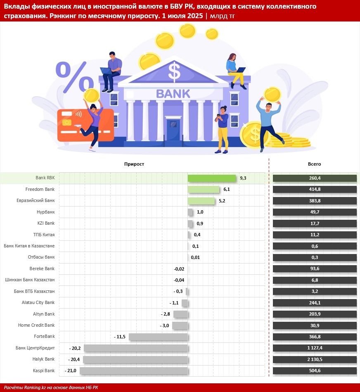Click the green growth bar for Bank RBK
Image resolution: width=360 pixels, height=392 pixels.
coord(212,178)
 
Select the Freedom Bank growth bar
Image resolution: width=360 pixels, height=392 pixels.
coord(204,190)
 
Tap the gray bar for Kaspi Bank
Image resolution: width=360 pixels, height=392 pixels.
coord(134,371)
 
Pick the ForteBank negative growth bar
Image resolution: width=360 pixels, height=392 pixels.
coord(158,337)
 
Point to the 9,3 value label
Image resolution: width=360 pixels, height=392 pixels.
coord(243,178)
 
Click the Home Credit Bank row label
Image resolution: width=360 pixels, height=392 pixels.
coord(36,325)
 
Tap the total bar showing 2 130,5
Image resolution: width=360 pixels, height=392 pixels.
coord(315,359)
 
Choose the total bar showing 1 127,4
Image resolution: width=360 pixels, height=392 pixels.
coord(315,348)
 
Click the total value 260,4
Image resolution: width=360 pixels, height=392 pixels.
coord(315,178)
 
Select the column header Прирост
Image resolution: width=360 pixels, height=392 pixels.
coord(134,164)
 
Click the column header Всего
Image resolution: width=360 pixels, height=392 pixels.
coord(314,164)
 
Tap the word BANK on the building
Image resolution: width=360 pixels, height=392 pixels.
coord(173,93)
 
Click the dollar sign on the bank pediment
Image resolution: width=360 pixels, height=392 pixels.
coord(175,71)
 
